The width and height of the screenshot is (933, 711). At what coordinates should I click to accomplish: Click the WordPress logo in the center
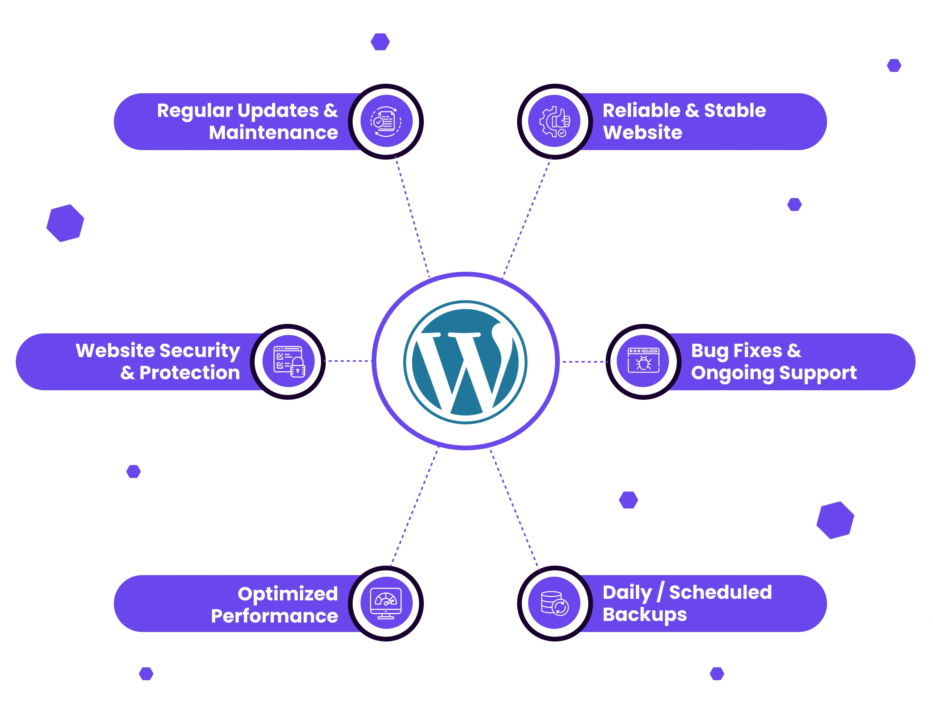[x=465, y=362]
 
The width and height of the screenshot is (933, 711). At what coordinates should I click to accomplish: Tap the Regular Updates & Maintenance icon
[x=386, y=122]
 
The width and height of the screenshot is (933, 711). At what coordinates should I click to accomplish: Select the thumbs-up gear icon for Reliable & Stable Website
[x=555, y=122]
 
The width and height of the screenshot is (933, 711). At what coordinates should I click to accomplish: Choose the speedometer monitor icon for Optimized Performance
[x=386, y=603]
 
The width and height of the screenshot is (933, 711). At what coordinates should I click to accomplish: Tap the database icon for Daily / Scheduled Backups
[x=554, y=603]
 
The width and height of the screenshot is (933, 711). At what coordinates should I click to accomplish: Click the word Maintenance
[x=273, y=133]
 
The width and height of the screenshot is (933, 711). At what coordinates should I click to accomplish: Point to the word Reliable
[x=641, y=111]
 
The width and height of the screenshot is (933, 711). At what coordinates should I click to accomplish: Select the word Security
[x=200, y=351]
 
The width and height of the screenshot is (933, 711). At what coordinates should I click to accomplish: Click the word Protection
[x=189, y=373]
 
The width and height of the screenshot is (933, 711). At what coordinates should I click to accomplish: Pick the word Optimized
[x=287, y=594]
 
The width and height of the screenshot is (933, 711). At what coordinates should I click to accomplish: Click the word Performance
[x=274, y=616]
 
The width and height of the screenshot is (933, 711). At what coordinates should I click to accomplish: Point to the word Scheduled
[x=720, y=592]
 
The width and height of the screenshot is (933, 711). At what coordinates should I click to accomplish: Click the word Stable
[x=735, y=111]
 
